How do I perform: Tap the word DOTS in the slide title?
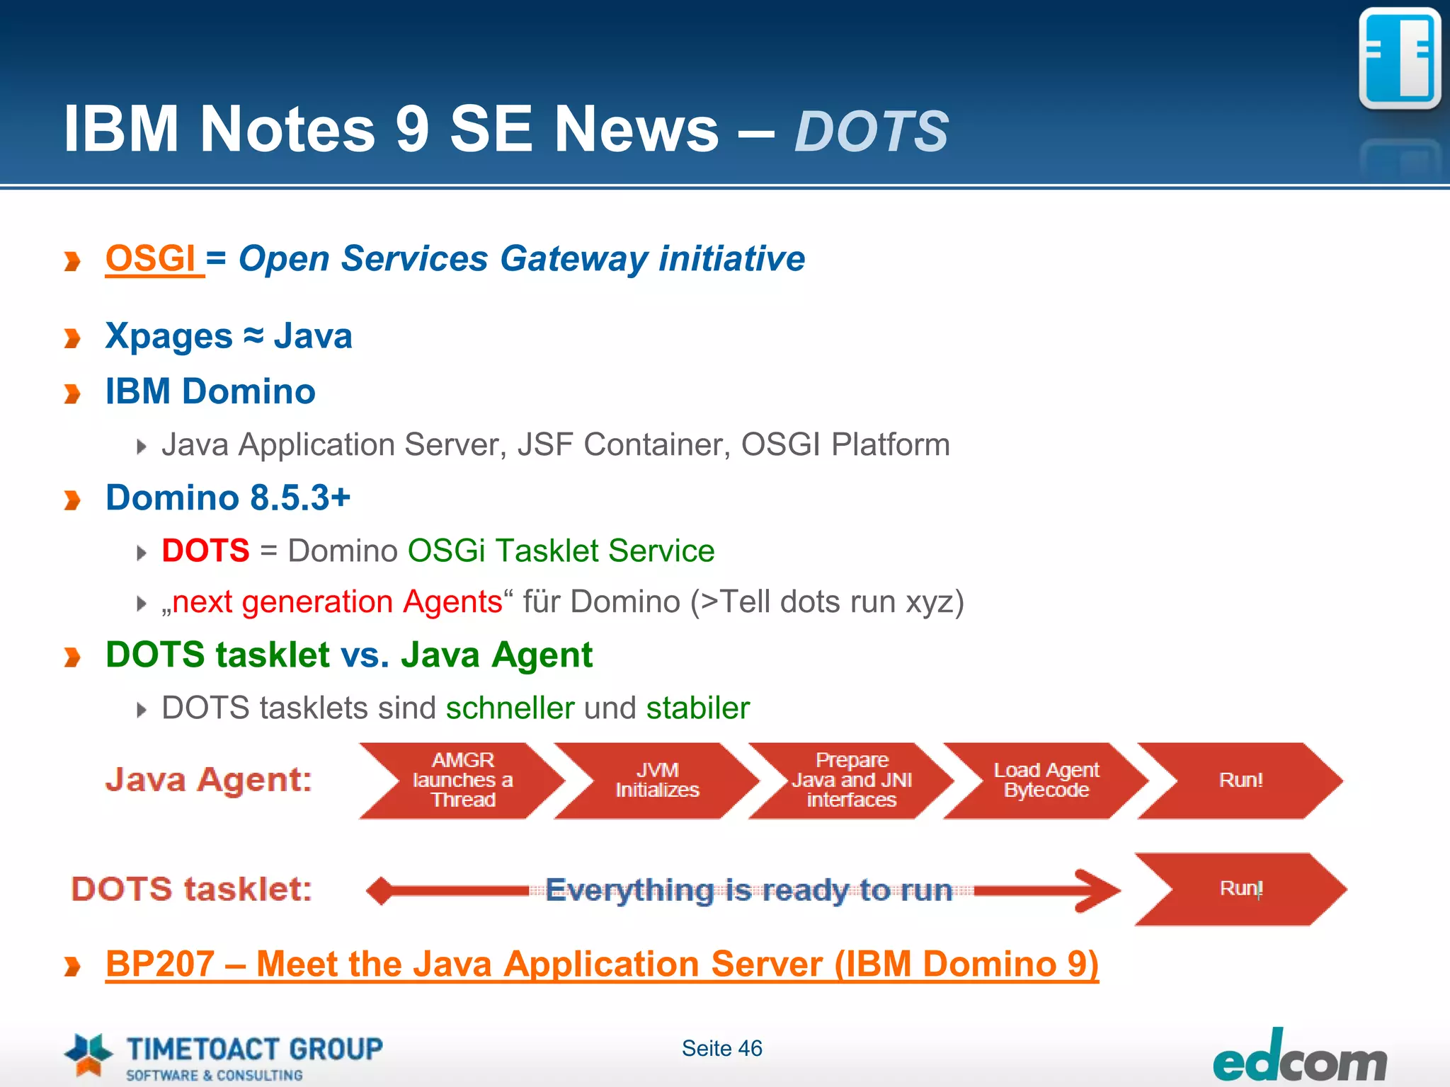[x=871, y=132]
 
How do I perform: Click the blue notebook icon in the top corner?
[x=1399, y=58]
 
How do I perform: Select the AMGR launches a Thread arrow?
[x=462, y=780]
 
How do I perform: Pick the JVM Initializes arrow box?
[x=656, y=780]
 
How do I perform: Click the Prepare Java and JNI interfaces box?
[x=851, y=780]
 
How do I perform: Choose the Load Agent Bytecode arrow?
[x=1046, y=780]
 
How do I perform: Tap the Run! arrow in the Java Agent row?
[x=1240, y=780]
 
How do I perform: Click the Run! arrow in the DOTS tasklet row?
[x=1240, y=889]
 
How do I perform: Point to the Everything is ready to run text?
[x=748, y=890]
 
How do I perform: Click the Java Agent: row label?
[x=209, y=780]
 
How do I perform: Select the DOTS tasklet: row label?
[x=191, y=889]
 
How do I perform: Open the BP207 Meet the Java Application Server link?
[x=602, y=964]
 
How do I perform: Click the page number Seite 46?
[x=721, y=1048]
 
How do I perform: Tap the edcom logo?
[x=1299, y=1059]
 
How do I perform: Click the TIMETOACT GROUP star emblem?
[x=88, y=1054]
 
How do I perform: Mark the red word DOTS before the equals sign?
[x=205, y=551]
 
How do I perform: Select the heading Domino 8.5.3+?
[x=228, y=498]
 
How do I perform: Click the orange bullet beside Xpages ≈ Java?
[x=72, y=338]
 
